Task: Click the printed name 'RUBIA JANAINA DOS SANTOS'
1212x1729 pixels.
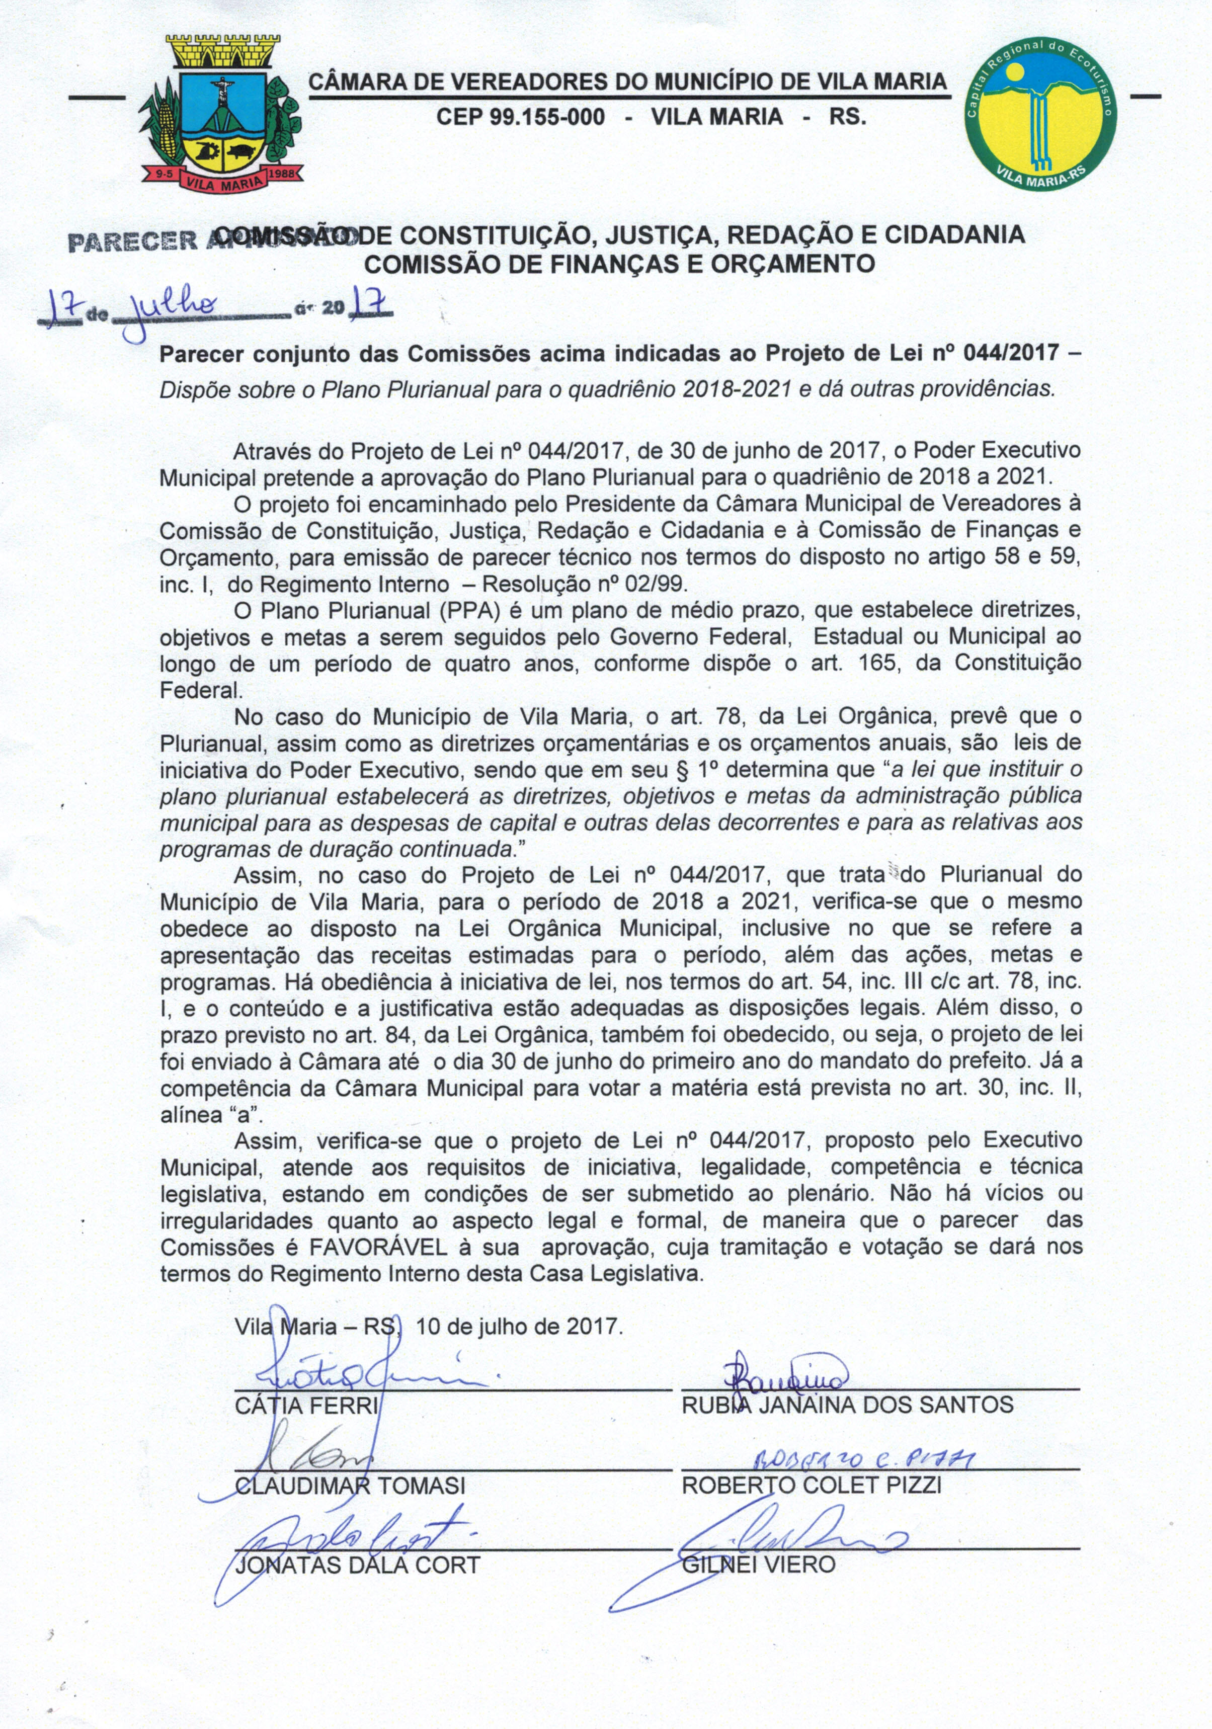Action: click(x=847, y=1405)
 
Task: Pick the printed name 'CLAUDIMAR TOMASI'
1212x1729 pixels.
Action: click(x=350, y=1486)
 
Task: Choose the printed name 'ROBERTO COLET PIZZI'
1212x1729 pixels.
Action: click(x=811, y=1485)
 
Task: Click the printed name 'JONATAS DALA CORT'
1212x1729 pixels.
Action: click(x=358, y=1566)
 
